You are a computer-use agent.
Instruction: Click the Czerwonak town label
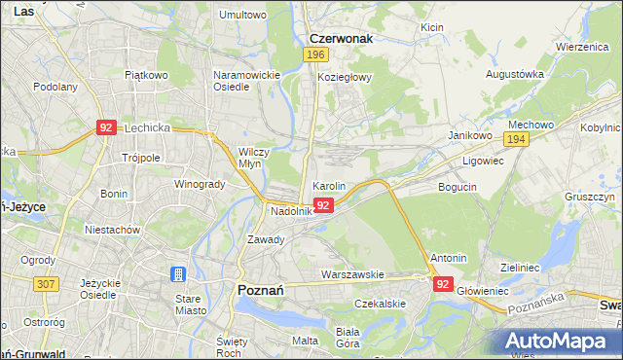(x=341, y=39)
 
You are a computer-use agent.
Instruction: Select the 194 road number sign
(x=518, y=141)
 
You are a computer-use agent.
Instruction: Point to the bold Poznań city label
(x=261, y=289)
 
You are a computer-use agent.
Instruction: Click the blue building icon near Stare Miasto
(x=178, y=275)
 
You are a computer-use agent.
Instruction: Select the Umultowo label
(x=242, y=16)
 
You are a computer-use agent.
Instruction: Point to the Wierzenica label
(x=582, y=47)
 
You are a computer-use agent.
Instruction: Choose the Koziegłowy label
(x=345, y=78)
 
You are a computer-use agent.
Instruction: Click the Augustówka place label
(x=515, y=74)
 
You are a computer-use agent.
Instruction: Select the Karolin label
(x=328, y=185)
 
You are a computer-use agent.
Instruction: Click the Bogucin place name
(x=458, y=186)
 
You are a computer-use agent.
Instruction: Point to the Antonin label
(x=448, y=259)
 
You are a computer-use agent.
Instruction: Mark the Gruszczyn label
(x=589, y=197)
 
